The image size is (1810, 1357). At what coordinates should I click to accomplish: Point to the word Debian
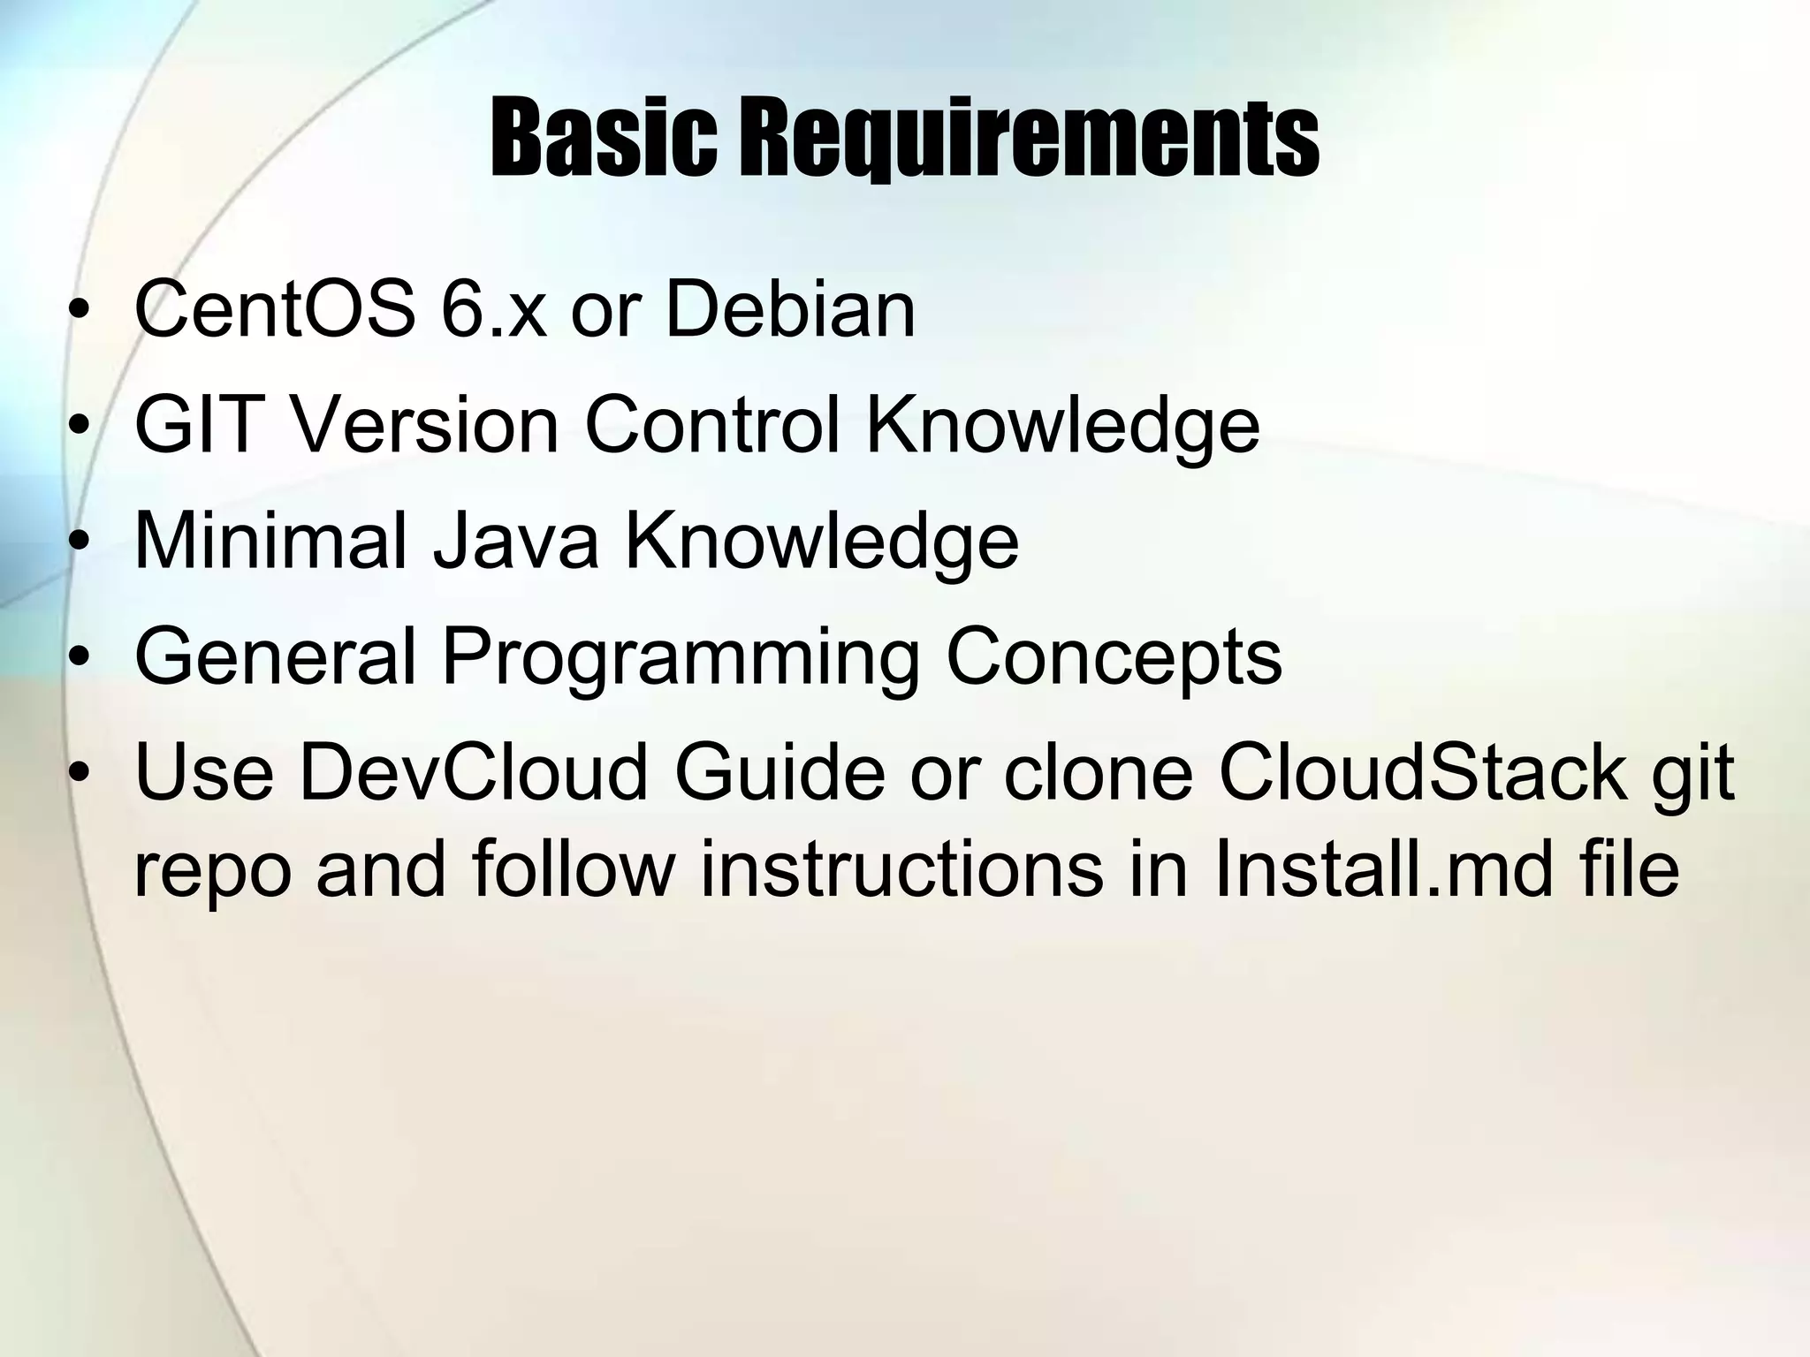click(x=789, y=308)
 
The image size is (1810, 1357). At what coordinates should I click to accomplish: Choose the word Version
click(x=425, y=425)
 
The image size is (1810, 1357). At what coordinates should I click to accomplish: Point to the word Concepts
click(x=1113, y=656)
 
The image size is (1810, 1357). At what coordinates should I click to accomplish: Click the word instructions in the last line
click(x=901, y=869)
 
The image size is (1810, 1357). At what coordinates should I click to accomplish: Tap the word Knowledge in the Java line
click(x=822, y=541)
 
